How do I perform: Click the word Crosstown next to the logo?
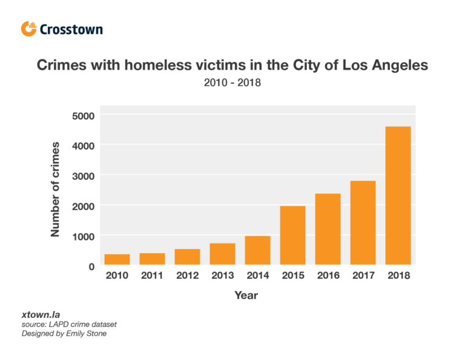(71, 29)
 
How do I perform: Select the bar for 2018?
(398, 196)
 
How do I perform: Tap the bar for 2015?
(292, 235)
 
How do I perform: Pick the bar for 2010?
(117, 259)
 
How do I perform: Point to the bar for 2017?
(363, 223)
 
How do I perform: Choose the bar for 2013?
(222, 254)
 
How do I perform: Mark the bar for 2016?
(328, 229)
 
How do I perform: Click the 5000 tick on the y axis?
(83, 115)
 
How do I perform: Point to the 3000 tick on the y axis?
(83, 176)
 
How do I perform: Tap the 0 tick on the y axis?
(91, 266)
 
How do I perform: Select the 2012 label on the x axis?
(187, 276)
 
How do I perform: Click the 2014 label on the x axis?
(257, 276)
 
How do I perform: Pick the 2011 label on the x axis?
(152, 276)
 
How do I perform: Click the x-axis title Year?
(246, 296)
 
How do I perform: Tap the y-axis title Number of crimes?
(55, 189)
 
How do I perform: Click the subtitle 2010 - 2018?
(232, 82)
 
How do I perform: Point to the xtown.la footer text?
(35, 316)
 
